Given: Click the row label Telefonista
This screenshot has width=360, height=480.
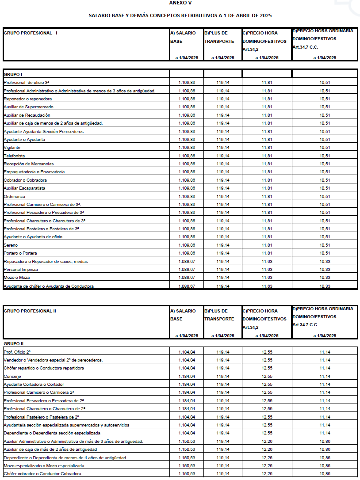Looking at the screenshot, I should pos(15,156).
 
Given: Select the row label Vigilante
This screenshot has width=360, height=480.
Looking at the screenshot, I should pos(12,148).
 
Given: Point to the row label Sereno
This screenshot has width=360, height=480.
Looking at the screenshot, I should pos(11,245).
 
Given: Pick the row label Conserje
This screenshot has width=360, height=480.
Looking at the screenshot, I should pos(12,376).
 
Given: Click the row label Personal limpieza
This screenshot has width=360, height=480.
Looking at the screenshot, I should pos(21,270).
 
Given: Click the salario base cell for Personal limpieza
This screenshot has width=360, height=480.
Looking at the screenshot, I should pos(187,270).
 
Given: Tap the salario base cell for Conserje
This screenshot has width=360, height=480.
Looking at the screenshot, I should pos(187,376).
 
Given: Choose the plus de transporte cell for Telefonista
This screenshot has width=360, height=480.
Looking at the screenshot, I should pos(223,156).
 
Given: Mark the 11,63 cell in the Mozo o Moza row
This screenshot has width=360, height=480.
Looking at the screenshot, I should pos(267,278).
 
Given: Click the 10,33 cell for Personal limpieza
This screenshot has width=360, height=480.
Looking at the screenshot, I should pos(325,270).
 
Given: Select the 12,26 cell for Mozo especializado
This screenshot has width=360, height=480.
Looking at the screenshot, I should pos(267,466).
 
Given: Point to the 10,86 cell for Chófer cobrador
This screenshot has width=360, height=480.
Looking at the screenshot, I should pos(325,474).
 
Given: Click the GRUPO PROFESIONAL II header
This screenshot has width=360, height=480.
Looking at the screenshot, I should pos(30,311).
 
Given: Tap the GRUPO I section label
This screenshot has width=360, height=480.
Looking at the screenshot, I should pos(13,74).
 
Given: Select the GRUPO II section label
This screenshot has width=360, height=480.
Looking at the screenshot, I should pos(14,343).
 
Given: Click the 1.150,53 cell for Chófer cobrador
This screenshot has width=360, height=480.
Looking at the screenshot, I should pos(187,474).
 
